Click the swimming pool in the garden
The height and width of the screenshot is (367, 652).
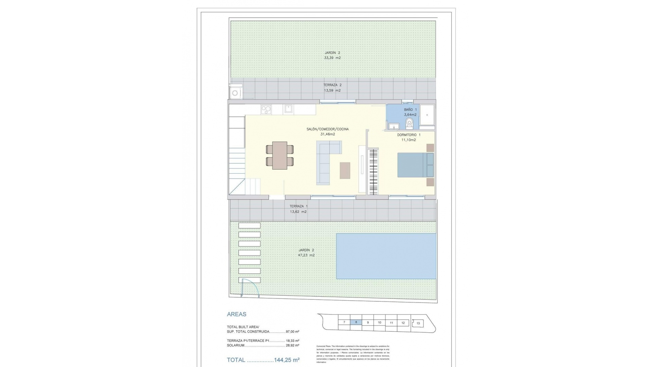pyautogui.click(x=386, y=256)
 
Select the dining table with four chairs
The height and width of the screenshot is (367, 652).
pyautogui.click(x=279, y=155)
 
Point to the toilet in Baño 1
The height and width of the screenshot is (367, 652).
pyautogui.click(x=409, y=125)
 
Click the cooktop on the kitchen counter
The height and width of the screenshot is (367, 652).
pyautogui.click(x=266, y=109)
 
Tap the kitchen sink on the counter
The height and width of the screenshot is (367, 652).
pyautogui.click(x=289, y=109)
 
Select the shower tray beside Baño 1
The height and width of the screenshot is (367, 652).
pyautogui.click(x=427, y=115)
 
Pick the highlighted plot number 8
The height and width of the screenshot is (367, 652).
pyautogui.click(x=356, y=322)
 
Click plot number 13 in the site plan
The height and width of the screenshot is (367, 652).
pyautogui.click(x=418, y=323)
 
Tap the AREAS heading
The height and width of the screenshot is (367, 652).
pyautogui.click(x=237, y=314)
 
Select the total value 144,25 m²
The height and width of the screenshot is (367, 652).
pyautogui.click(x=287, y=360)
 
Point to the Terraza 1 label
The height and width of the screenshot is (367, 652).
pyautogui.click(x=298, y=206)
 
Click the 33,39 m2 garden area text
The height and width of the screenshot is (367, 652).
pyautogui.click(x=332, y=58)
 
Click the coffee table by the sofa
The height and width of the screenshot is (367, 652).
pyautogui.click(x=345, y=170)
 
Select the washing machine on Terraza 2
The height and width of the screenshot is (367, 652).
pyautogui.click(x=235, y=93)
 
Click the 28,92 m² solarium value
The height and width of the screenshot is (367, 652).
pyautogui.click(x=292, y=345)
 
